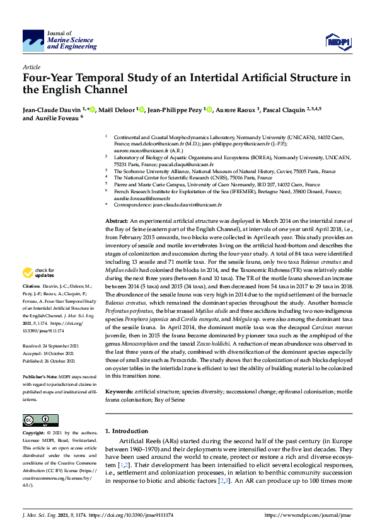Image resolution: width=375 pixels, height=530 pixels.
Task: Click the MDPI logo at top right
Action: (337, 42)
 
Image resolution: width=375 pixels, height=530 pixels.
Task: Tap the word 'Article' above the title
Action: (31, 66)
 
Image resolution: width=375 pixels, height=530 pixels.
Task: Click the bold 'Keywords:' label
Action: (119, 392)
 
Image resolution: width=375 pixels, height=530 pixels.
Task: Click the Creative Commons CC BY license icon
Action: (37, 420)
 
